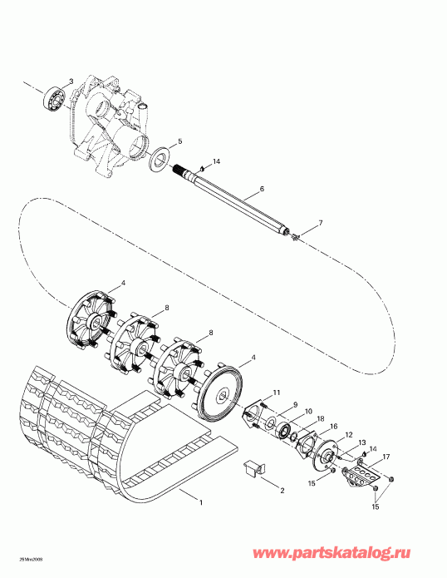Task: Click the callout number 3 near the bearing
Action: coord(71,81)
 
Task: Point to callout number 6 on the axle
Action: coord(262,190)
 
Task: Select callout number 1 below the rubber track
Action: coord(199,501)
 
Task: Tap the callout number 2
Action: coord(282,491)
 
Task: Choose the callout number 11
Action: coord(277,393)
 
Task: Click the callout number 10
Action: coord(307,412)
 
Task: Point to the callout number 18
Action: coord(321,418)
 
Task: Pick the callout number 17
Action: coord(386,457)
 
